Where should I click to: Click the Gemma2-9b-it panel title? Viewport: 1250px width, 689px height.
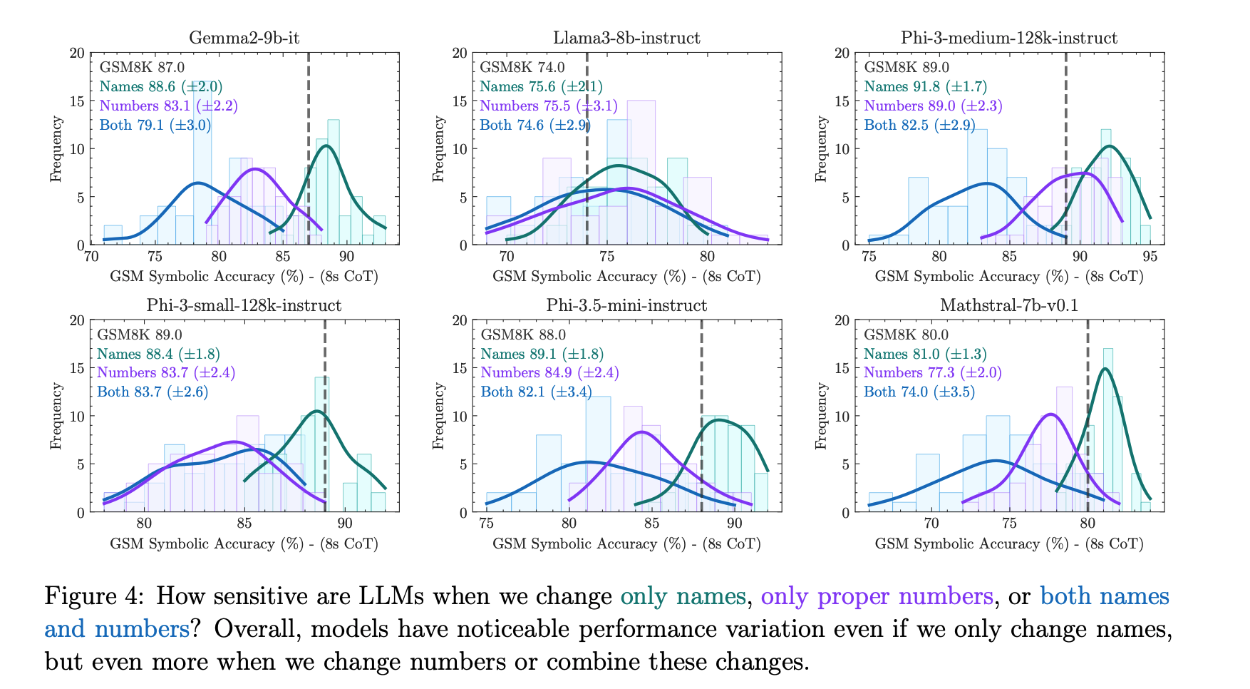click(244, 38)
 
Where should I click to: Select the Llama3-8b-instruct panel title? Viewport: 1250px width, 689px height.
click(626, 38)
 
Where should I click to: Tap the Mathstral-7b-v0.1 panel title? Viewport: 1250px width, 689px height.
click(1009, 305)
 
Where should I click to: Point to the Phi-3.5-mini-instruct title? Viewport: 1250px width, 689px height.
click(626, 305)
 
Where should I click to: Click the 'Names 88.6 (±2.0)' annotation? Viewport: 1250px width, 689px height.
click(161, 87)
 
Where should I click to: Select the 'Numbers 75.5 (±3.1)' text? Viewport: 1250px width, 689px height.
click(549, 106)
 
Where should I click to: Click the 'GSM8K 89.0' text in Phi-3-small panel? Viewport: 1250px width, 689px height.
click(140, 335)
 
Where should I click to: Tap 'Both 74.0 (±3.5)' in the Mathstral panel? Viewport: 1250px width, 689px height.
click(919, 392)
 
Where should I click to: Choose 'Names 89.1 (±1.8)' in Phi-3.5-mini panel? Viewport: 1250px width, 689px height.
click(542, 354)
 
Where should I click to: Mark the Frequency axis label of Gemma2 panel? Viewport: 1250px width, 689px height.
click(56, 149)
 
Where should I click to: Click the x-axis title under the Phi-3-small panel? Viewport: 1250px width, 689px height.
click(244, 544)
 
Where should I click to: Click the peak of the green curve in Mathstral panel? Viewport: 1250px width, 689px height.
click(1105, 369)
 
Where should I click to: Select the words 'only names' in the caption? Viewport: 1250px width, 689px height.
click(683, 596)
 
